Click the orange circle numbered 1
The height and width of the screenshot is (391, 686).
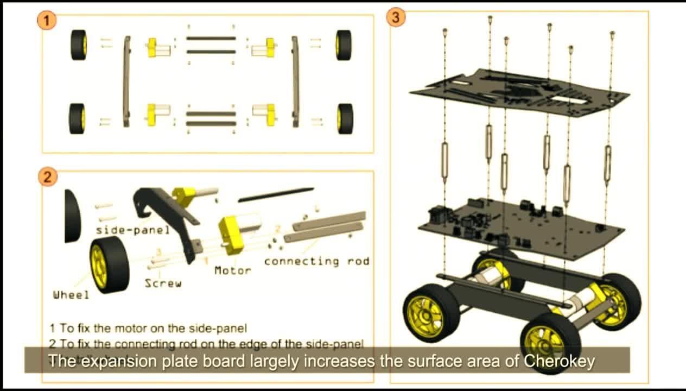click(x=47, y=21)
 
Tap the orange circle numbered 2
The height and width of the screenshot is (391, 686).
click(x=47, y=177)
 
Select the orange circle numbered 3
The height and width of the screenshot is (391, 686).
click(x=395, y=17)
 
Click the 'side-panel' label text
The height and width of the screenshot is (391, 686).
click(x=133, y=230)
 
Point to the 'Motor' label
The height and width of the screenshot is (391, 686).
click(x=232, y=270)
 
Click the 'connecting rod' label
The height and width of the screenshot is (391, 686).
click(x=316, y=261)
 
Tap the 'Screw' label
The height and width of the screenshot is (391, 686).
click(x=163, y=283)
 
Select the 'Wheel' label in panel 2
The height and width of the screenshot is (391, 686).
click(x=71, y=295)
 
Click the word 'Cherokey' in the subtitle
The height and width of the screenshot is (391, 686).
click(x=560, y=361)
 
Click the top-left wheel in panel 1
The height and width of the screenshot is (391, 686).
click(x=79, y=45)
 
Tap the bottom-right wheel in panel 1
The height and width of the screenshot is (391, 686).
click(x=344, y=118)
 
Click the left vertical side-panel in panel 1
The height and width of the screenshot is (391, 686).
click(x=127, y=81)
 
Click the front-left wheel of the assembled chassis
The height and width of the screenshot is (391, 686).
click(x=431, y=312)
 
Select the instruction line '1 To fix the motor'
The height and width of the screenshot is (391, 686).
click(x=148, y=328)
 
